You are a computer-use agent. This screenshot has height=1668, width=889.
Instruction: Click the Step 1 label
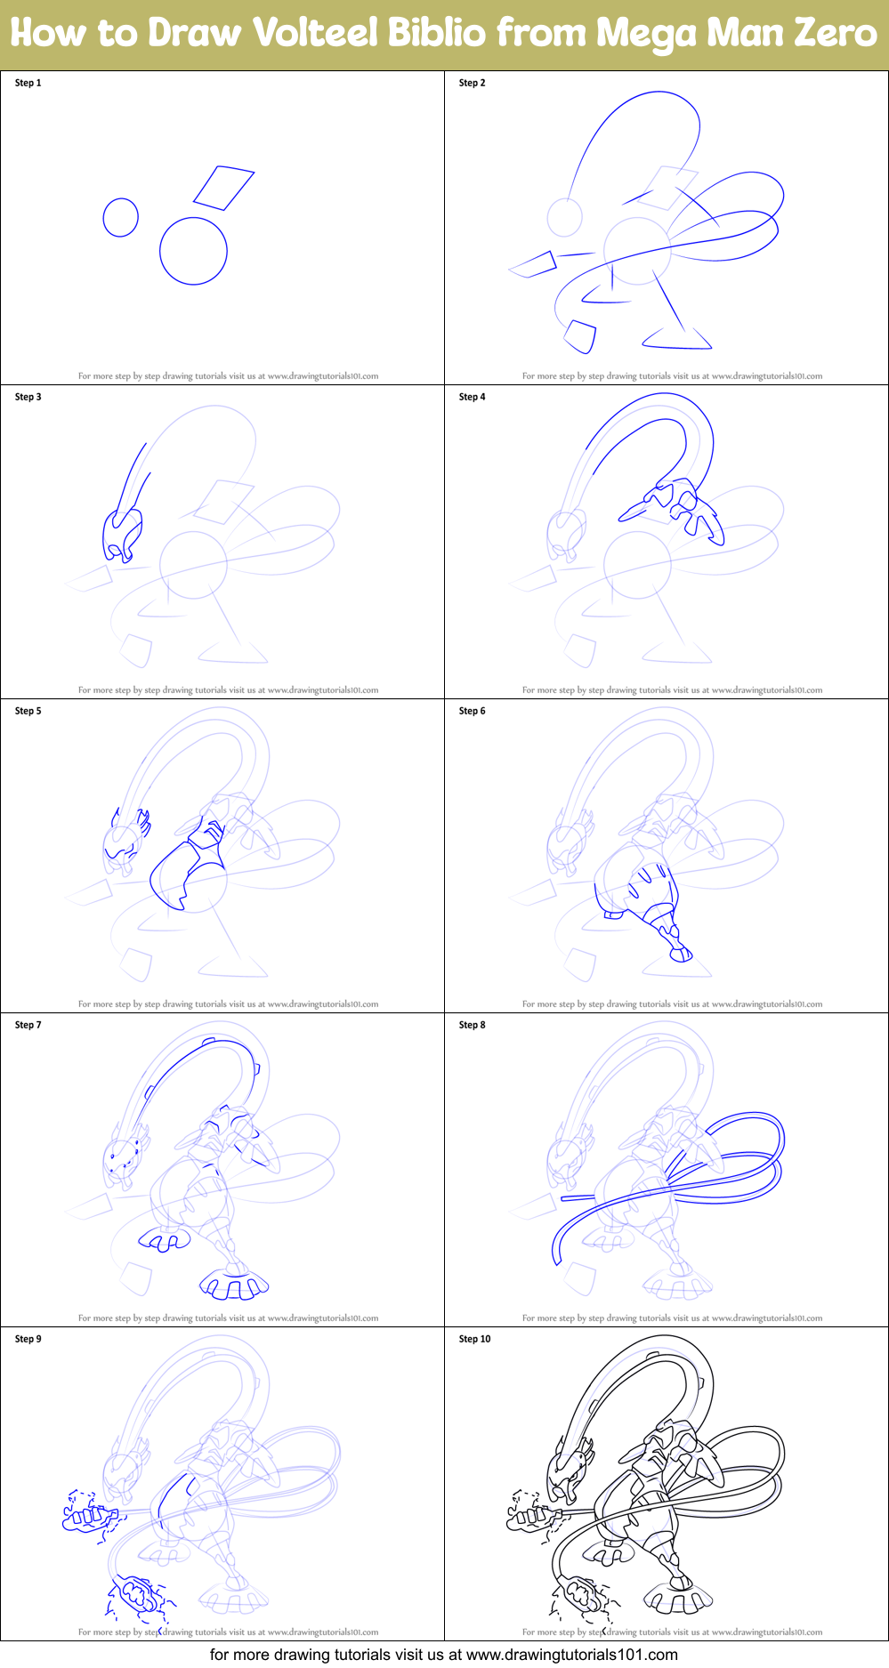[x=28, y=83]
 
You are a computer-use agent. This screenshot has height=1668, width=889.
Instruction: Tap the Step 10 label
[x=474, y=1339]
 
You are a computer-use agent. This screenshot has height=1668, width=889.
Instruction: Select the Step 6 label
[x=472, y=711]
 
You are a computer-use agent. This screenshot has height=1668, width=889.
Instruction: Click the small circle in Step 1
[x=121, y=217]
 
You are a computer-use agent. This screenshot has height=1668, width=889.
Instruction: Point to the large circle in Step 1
[x=193, y=251]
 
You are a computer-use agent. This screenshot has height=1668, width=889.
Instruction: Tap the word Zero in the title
[x=835, y=34]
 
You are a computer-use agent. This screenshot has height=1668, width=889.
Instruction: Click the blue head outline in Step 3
[x=123, y=534]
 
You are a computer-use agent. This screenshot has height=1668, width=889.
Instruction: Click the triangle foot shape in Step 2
[x=676, y=339]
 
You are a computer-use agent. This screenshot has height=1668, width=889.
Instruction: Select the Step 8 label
[x=472, y=1025]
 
